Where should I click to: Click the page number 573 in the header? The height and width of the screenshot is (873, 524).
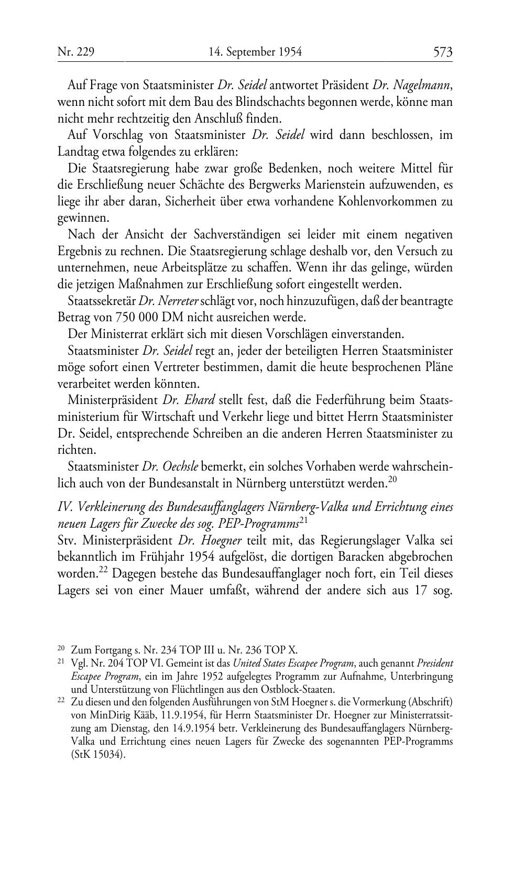point(442,52)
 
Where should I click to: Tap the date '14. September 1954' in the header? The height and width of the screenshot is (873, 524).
point(255,52)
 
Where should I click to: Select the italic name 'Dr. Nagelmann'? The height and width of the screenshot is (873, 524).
point(412,85)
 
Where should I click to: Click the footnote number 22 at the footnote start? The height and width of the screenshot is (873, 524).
point(61,701)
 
